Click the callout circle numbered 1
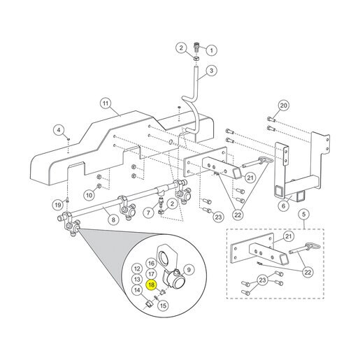pos(212,50)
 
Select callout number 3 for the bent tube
pos(211,71)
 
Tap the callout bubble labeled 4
pos(59,129)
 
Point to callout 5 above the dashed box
pos(304,214)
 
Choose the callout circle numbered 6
pos(283,206)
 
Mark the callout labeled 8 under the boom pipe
pos(113,219)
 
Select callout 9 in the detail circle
pos(189,270)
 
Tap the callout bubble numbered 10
pos(89,195)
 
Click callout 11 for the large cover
pos(106,103)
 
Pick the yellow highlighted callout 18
pos(151,285)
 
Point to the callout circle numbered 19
pos(58,205)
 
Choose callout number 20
pos(284,106)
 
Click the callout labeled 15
pos(163,305)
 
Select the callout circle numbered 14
pos(137,290)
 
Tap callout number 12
pos(137,268)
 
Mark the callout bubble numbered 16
pos(151,264)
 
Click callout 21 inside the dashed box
pos(289,236)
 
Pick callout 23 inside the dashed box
pos(262,280)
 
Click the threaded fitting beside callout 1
pos(197,47)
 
